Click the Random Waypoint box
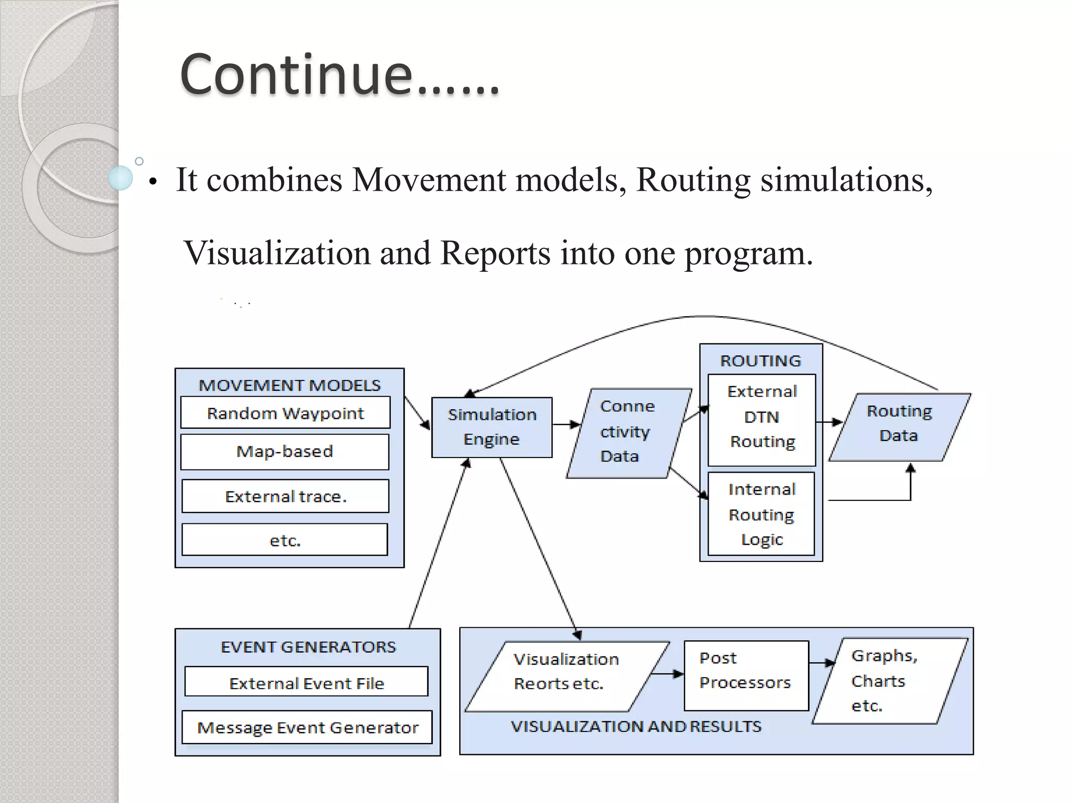(x=285, y=413)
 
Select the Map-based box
(x=285, y=451)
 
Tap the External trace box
(x=285, y=496)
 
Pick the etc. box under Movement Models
(x=285, y=540)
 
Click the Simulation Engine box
(x=492, y=427)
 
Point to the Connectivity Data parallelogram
(x=628, y=432)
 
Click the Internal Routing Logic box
(x=761, y=514)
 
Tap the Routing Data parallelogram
(x=899, y=426)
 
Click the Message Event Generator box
(x=307, y=727)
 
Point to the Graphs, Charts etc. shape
(x=889, y=681)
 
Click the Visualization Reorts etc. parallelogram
(x=566, y=676)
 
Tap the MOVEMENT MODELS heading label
(x=290, y=385)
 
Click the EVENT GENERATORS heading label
(x=309, y=647)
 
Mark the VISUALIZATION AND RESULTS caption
(x=636, y=727)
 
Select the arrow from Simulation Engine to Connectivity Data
(x=566, y=425)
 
